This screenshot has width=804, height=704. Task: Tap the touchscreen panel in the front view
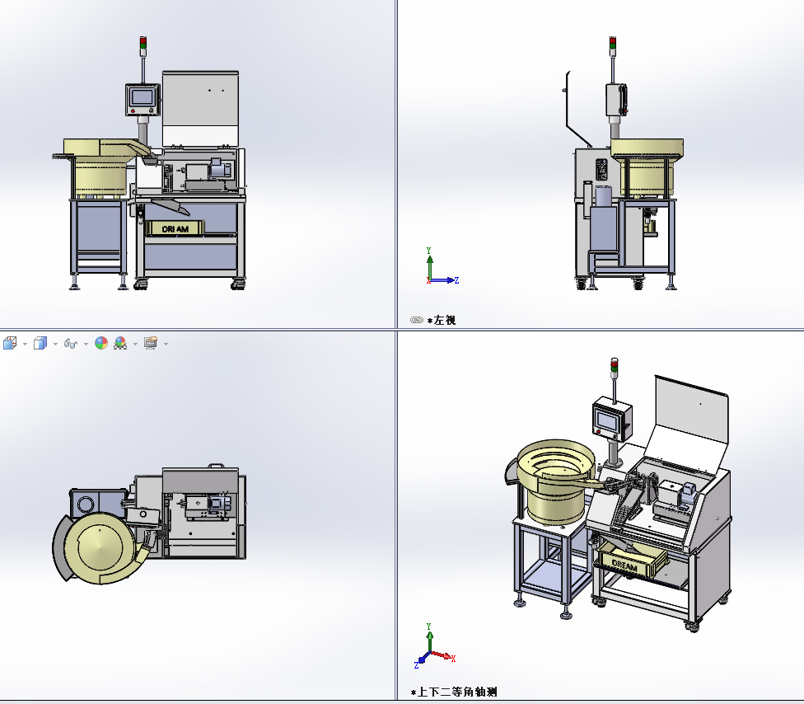[x=143, y=100]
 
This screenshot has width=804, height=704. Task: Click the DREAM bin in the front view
[x=175, y=228]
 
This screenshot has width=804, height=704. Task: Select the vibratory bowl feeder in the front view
[x=101, y=168]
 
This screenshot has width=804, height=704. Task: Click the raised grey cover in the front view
[x=200, y=110]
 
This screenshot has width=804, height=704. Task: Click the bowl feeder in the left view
[x=647, y=168]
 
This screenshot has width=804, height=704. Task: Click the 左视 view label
[x=445, y=320]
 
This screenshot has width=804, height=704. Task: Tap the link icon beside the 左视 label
[x=416, y=320]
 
